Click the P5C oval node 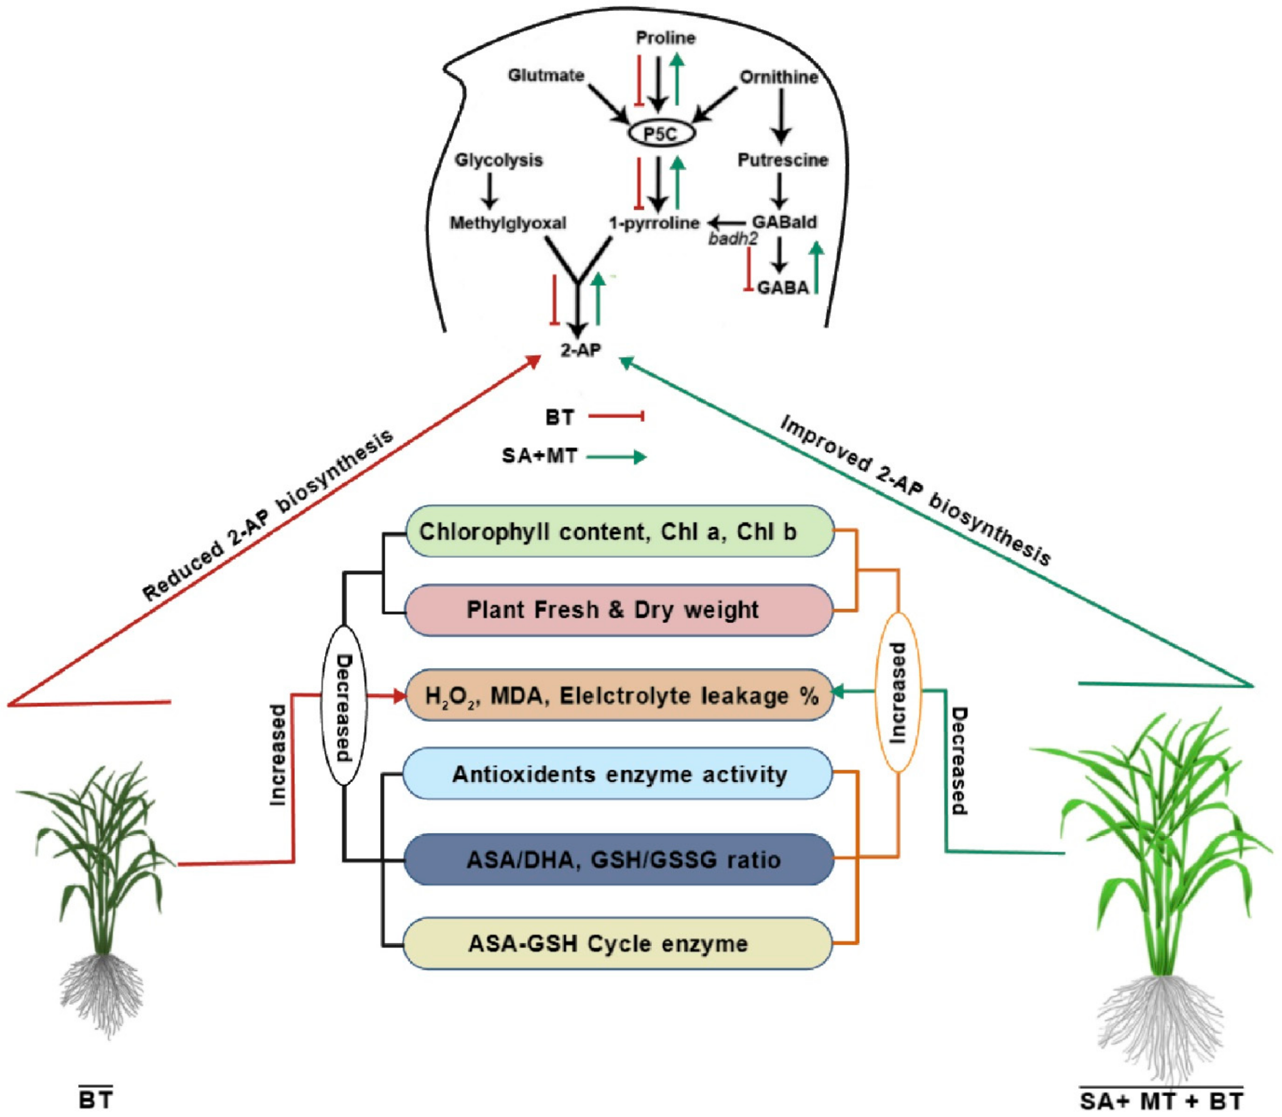661,133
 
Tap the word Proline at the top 665,38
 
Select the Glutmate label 546,76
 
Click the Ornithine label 779,77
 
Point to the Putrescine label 783,160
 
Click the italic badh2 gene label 733,239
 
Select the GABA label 783,288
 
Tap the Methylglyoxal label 508,223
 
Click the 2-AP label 580,350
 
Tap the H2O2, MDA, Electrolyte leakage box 620,695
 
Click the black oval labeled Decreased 343,705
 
